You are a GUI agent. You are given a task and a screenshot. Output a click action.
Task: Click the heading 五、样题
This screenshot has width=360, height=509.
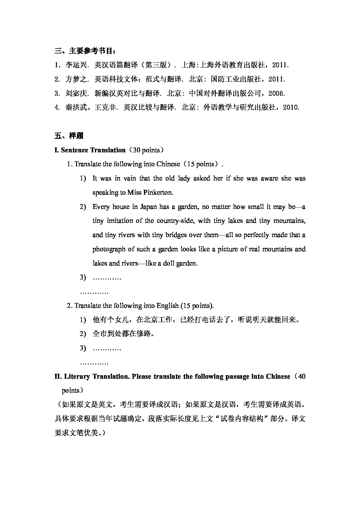tap(69, 136)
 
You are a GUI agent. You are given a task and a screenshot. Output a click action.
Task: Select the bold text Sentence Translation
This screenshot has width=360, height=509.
tap(93, 150)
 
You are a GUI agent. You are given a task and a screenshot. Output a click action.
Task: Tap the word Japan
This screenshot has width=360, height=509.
tap(149, 207)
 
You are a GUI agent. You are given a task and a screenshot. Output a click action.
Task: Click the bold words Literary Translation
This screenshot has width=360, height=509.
tap(96, 376)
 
